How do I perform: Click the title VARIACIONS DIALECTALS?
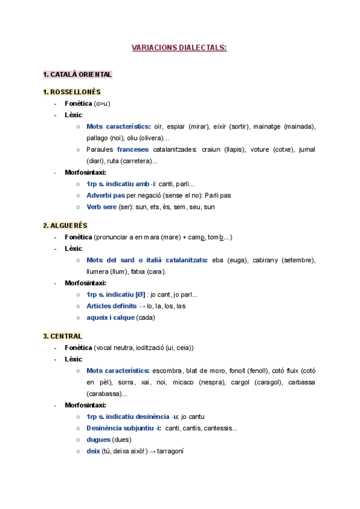coord(179,47)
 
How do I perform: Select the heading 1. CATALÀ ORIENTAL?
coord(77,74)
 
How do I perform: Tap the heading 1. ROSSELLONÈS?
coord(71,92)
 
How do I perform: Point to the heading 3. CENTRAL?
coord(62,336)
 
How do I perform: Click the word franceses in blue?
coord(133,149)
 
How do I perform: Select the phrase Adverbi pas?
coord(106,195)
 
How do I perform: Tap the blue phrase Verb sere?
coord(102,207)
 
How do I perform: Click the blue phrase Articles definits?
coord(112,306)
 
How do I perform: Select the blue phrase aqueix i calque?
coord(110,317)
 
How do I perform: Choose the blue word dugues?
coord(98,439)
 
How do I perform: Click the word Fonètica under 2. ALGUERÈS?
coord(78,236)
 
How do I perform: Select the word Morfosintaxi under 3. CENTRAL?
coord(85,405)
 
